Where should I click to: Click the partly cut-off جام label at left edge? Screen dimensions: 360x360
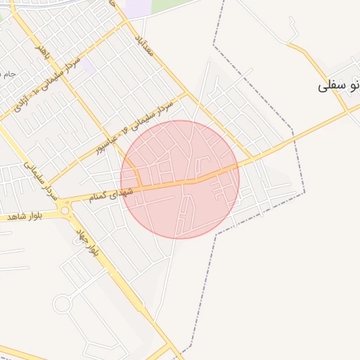coord(7,74)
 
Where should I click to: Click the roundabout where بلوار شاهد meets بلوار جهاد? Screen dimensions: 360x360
coord(65,209)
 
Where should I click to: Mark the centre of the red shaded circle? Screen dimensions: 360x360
coord(180,179)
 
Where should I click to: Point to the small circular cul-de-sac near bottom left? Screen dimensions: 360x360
coord(62,304)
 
